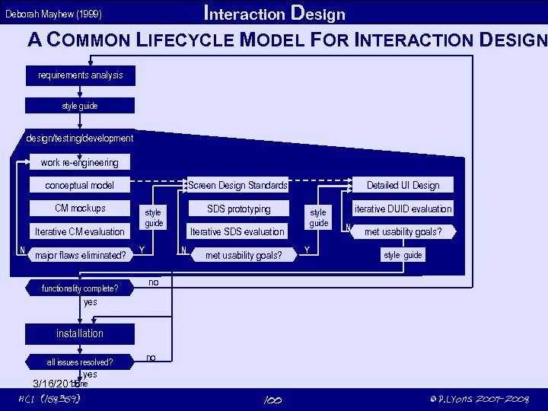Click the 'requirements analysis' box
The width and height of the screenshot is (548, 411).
pyautogui.click(x=80, y=75)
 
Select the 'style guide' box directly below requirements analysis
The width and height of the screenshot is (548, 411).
pyautogui.click(x=80, y=106)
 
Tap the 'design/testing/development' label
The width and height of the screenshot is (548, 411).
pyautogui.click(x=80, y=139)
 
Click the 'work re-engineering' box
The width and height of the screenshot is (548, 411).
pyautogui.click(x=80, y=162)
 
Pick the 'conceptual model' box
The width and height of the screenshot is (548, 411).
pyautogui.click(x=80, y=185)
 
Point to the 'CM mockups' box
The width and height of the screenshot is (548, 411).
pyautogui.click(x=80, y=209)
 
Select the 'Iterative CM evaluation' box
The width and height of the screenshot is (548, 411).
pyautogui.click(x=80, y=231)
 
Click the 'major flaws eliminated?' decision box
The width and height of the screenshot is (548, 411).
pyautogui.click(x=80, y=255)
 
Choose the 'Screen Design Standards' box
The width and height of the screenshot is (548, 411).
pyautogui.click(x=237, y=185)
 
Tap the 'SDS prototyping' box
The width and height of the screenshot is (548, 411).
pyautogui.click(x=237, y=209)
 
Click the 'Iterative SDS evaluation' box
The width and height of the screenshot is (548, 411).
pyautogui.click(x=237, y=231)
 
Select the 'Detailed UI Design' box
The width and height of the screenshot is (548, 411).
pyautogui.click(x=403, y=185)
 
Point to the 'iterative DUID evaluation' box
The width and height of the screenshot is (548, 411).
pyautogui.click(x=403, y=209)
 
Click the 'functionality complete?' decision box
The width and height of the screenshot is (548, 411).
pyautogui.click(x=80, y=288)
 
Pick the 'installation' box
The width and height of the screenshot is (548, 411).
pyautogui.click(x=80, y=333)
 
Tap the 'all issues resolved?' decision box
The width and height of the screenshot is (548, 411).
pyautogui.click(x=80, y=362)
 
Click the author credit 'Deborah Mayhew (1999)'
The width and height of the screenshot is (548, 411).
pyautogui.click(x=54, y=14)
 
